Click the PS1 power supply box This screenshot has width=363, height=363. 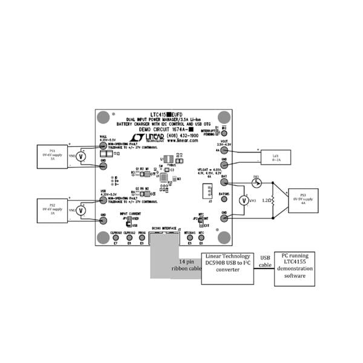53,155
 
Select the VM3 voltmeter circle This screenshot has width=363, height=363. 244,200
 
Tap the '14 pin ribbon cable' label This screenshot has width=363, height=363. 177,264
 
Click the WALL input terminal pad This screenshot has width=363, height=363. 103,145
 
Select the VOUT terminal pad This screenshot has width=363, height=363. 224,148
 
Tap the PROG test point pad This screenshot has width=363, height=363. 142,238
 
